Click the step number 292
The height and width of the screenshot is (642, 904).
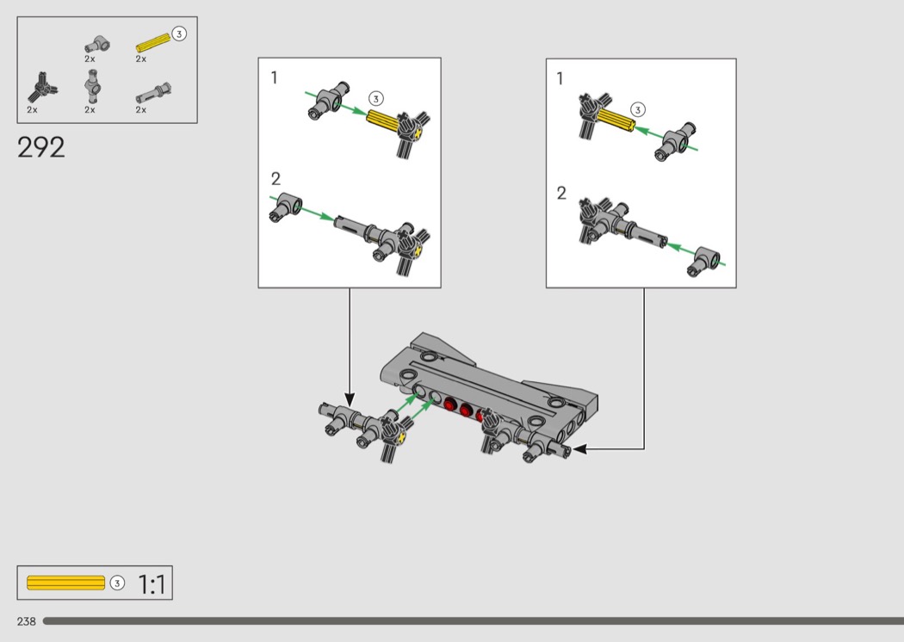point(41,147)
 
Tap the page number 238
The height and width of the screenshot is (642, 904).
point(27,621)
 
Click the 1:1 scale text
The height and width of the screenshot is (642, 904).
point(152,583)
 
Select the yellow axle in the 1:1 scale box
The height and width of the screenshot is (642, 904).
point(65,583)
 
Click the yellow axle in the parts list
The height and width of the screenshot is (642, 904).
point(152,42)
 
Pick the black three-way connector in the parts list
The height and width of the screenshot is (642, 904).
point(41,89)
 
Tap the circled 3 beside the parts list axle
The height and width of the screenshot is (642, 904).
point(179,34)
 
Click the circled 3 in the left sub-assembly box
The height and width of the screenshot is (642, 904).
point(375,99)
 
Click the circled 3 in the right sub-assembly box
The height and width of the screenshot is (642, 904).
point(637,109)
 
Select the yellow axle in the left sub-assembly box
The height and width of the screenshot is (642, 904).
point(383,121)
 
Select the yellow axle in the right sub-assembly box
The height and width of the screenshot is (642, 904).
point(616,120)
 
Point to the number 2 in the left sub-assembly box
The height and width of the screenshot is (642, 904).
point(276,179)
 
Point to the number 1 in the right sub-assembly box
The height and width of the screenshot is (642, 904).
point(560,78)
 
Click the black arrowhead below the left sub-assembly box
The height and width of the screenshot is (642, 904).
point(350,398)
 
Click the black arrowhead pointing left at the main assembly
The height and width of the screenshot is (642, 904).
point(580,449)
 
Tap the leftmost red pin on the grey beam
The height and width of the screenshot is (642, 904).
point(449,405)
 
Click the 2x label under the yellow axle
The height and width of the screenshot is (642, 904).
point(140,59)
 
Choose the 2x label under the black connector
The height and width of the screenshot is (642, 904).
point(32,109)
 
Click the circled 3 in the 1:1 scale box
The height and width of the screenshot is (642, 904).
point(117,583)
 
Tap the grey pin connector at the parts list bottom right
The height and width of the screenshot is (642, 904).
point(153,93)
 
